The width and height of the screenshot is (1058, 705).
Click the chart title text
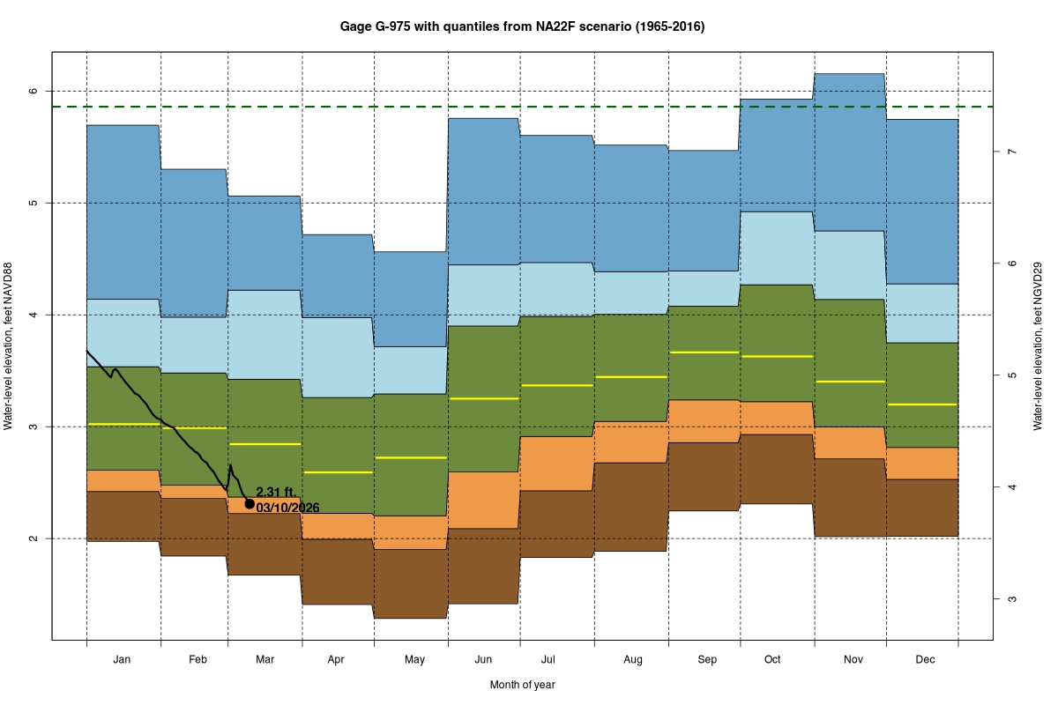522,27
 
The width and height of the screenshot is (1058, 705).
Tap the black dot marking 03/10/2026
250,504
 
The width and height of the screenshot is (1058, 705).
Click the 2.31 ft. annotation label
274,493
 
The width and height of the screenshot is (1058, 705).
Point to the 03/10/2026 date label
287,508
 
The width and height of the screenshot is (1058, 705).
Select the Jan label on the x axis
123,659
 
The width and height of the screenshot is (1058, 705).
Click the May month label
414,659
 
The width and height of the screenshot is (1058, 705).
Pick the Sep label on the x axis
707,659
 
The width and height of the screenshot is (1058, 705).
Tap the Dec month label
924,659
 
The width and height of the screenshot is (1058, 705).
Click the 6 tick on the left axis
33,92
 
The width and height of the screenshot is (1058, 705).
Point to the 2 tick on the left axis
33,538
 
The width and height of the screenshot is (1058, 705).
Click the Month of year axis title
522,685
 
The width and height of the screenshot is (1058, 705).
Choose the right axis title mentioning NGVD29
1038,346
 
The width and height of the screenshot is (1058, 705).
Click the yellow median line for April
339,472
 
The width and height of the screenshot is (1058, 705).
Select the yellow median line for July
556,385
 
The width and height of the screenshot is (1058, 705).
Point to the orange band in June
483,500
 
